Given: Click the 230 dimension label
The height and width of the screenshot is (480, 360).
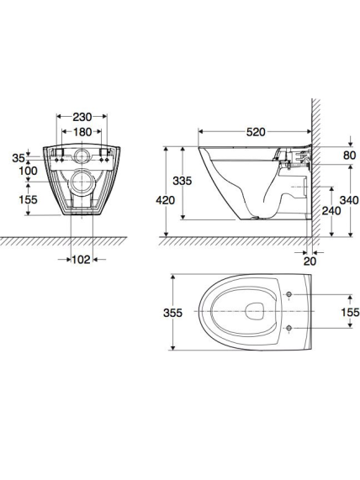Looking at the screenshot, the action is click(x=82, y=117).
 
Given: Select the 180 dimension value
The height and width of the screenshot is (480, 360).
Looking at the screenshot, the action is click(x=82, y=132).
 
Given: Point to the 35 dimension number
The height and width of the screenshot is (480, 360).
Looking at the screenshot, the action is click(x=19, y=158).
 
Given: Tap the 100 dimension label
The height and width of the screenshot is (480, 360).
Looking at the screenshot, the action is click(x=29, y=171).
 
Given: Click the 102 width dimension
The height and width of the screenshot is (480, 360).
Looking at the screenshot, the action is click(x=82, y=260).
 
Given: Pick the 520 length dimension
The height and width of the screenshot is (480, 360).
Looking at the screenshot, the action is click(x=256, y=132).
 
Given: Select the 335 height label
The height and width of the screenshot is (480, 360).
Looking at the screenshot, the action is click(x=183, y=181).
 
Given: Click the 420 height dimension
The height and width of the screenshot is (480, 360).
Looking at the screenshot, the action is click(x=166, y=200).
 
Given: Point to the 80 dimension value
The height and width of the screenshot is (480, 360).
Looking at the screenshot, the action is click(x=349, y=156).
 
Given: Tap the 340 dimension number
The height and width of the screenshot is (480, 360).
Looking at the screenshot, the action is click(x=349, y=200).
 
